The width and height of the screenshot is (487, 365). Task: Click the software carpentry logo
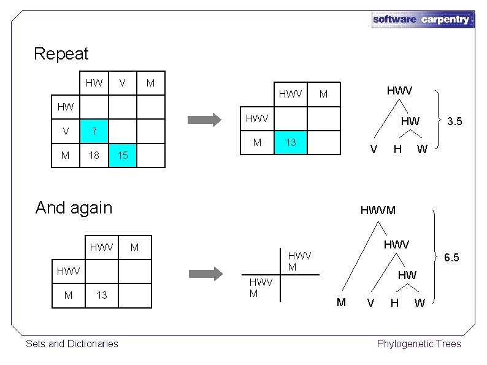[x=423, y=19]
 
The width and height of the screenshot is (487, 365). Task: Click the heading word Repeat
[x=61, y=54]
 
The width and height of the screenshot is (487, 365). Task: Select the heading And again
[x=74, y=207]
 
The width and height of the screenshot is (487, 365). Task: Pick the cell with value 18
[x=94, y=156]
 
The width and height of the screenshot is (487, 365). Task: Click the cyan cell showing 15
[x=123, y=156]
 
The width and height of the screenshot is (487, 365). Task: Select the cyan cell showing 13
[x=291, y=143]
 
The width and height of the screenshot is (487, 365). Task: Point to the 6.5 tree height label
[x=451, y=257]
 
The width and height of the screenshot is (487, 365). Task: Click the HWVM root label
[x=378, y=210]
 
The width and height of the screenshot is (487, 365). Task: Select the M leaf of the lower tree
[x=342, y=301]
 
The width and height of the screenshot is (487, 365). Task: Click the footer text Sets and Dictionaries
[x=72, y=344]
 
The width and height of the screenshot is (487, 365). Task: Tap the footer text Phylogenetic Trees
[x=419, y=344]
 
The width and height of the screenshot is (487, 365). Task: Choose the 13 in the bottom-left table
[x=102, y=295]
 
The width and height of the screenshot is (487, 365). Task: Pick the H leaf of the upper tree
[x=397, y=148]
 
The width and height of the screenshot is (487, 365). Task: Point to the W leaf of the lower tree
[x=419, y=302]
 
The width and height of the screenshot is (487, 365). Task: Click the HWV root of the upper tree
[x=399, y=90]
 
